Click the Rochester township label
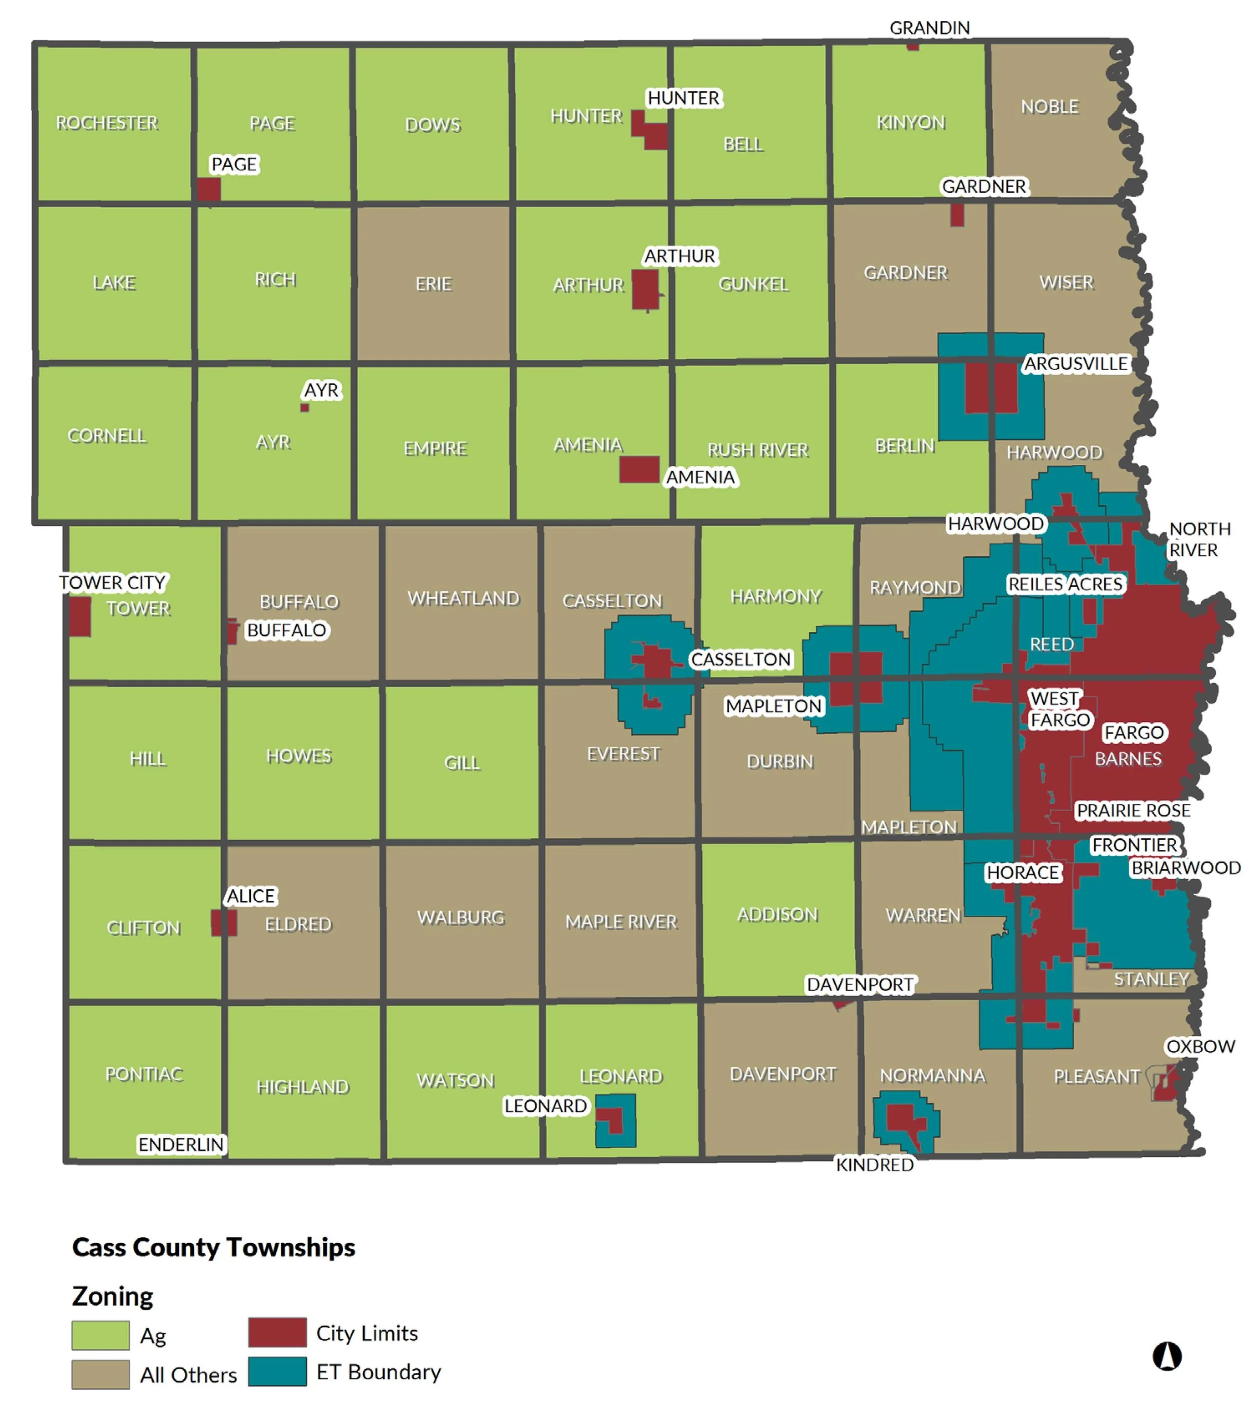click(x=107, y=123)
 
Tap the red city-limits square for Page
click(x=209, y=189)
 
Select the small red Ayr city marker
click(x=304, y=408)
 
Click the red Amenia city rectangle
click(x=638, y=470)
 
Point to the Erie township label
click(x=433, y=284)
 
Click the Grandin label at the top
click(x=929, y=27)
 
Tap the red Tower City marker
click(x=79, y=617)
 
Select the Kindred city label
click(x=874, y=1165)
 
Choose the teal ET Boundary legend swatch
click(x=277, y=1372)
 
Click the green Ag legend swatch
click(x=100, y=1336)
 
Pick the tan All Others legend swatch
click(x=100, y=1374)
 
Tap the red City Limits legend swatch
click(x=277, y=1332)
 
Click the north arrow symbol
click(x=1167, y=1356)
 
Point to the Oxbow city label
click(x=1200, y=1047)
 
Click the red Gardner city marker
click(x=956, y=215)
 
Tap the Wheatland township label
click(x=463, y=599)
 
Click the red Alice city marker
click(x=223, y=923)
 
